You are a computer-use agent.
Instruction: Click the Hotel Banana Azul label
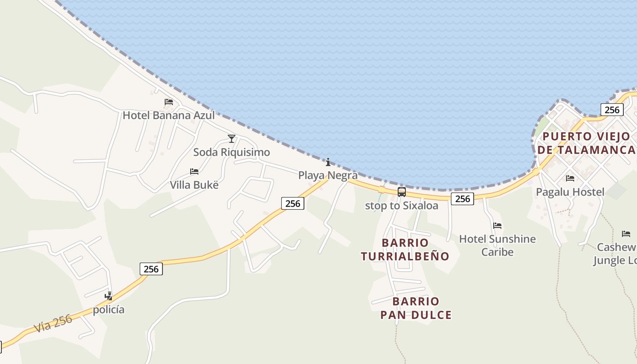[x=168, y=115]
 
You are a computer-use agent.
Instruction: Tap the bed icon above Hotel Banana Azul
[x=169, y=102]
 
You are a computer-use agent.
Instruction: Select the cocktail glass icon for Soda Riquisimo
[x=232, y=138]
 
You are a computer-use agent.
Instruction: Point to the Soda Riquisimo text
[x=232, y=152]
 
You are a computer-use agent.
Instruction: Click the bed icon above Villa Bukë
[x=194, y=172]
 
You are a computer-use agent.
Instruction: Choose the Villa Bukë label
[x=194, y=185]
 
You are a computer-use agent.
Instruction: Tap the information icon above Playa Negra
[x=328, y=162]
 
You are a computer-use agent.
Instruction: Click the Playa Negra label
[x=328, y=175]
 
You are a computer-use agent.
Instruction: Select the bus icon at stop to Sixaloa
[x=402, y=192]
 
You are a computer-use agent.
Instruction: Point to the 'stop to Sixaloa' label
[x=402, y=206]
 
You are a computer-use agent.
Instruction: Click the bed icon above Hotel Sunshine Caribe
[x=497, y=225]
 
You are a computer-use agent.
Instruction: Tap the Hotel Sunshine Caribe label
[x=497, y=245]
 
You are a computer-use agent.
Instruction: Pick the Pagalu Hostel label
[x=570, y=192]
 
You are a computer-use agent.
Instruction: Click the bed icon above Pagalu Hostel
[x=570, y=178]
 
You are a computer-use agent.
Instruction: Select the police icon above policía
[x=109, y=296]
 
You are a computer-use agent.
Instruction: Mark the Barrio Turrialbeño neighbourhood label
[x=405, y=249]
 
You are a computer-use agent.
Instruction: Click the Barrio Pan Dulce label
[x=416, y=308]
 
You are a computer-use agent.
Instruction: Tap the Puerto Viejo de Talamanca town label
[x=586, y=143]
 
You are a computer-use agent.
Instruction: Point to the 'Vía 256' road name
[x=53, y=324]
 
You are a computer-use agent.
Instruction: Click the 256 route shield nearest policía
[x=151, y=269]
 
